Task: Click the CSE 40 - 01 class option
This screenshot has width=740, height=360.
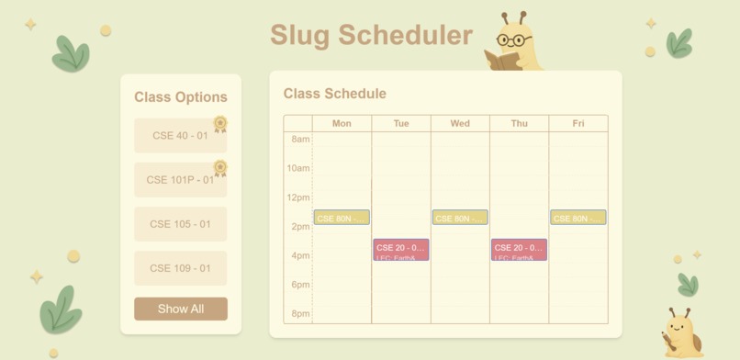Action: point(180,136)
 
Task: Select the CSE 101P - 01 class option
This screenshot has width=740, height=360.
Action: point(180,180)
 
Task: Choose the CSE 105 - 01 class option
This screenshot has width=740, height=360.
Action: point(180,224)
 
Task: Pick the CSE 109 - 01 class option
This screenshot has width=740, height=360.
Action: point(180,268)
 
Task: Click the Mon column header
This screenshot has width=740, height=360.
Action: point(342,123)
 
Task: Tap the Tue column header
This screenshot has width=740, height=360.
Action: point(401,123)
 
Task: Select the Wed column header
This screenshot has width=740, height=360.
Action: point(460,123)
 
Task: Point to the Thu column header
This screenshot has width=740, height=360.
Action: point(519,123)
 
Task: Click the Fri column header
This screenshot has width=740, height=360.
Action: point(578,123)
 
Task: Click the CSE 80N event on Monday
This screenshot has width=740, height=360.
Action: point(342,219)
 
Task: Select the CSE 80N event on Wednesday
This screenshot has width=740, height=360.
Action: point(460,219)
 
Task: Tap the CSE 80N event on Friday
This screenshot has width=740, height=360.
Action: point(578,219)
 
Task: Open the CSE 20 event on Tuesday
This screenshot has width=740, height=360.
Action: point(401,250)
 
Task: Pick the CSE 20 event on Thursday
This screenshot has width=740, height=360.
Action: point(519,250)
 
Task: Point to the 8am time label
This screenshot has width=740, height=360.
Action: point(300,140)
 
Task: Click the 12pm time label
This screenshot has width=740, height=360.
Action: point(298,197)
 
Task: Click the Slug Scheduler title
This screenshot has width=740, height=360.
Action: point(371,35)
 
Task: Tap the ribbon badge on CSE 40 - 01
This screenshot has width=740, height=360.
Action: point(220,123)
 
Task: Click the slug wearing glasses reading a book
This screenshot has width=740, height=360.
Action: point(512,44)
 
